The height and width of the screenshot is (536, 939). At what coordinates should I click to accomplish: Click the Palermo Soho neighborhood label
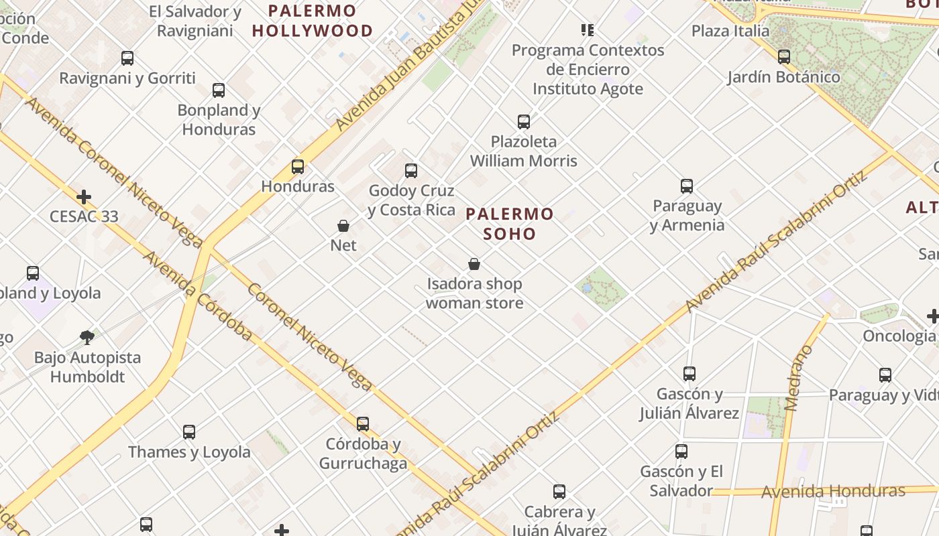510,224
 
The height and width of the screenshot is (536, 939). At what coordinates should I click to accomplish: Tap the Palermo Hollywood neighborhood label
313,21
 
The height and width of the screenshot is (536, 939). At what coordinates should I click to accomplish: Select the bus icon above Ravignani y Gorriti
127,58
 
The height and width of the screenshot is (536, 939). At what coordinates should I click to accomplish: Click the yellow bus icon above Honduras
298,167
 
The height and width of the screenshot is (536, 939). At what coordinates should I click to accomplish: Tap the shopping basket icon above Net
343,226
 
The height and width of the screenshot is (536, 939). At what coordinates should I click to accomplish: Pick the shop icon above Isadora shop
474,264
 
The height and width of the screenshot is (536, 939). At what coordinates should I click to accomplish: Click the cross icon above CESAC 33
84,197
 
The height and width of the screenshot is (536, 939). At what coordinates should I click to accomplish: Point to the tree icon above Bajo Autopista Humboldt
87,337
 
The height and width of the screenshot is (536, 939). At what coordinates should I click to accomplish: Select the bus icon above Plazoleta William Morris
524,122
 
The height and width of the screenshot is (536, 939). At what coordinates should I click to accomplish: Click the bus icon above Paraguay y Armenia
687,186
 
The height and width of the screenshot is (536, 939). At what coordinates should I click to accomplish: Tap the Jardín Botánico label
783,77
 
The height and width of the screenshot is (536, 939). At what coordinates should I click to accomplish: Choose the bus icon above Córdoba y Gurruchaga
363,424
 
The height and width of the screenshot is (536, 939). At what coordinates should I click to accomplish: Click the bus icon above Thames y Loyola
189,432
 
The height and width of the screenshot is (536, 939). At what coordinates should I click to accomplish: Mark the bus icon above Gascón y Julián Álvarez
689,374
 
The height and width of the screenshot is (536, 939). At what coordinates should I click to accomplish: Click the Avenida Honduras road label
833,492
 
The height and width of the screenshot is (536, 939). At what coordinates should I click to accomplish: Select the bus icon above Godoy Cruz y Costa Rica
411,171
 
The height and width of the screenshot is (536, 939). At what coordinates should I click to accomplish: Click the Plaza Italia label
730,31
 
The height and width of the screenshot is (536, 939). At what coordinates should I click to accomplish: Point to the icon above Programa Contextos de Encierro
588,30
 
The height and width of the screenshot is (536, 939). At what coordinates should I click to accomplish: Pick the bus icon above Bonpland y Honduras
219,90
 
